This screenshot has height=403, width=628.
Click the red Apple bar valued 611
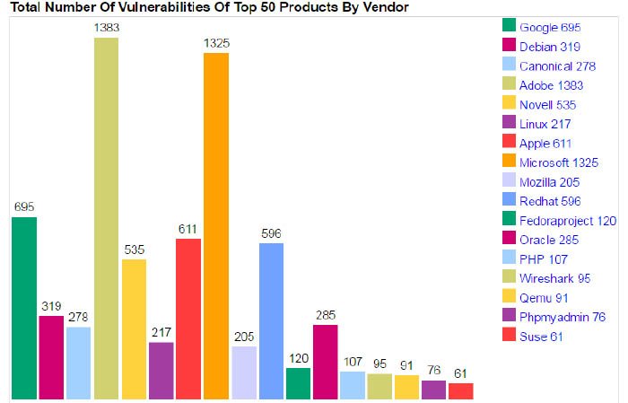[x=188, y=319]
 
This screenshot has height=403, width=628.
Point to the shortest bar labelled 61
[x=460, y=390]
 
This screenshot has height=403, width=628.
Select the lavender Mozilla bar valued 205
[x=243, y=372]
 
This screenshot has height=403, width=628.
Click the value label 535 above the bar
[x=134, y=250]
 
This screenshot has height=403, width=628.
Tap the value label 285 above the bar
[x=325, y=315]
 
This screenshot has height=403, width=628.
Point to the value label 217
[x=161, y=333]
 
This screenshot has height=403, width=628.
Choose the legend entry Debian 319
[x=549, y=47]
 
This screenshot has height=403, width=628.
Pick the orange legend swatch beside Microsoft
[x=509, y=162]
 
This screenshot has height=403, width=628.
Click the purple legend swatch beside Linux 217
[x=509, y=124]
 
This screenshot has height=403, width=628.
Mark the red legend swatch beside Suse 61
[x=509, y=336]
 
